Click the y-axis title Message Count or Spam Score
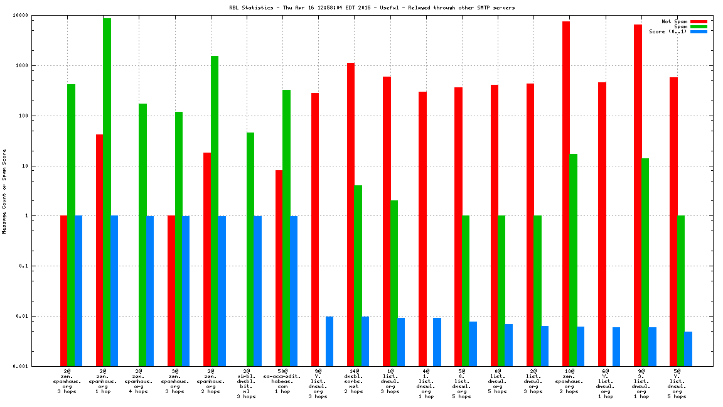(x=4, y=192)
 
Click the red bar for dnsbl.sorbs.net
(x=351, y=214)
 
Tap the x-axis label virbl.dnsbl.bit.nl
(x=247, y=384)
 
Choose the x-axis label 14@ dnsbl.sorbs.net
(x=354, y=381)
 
